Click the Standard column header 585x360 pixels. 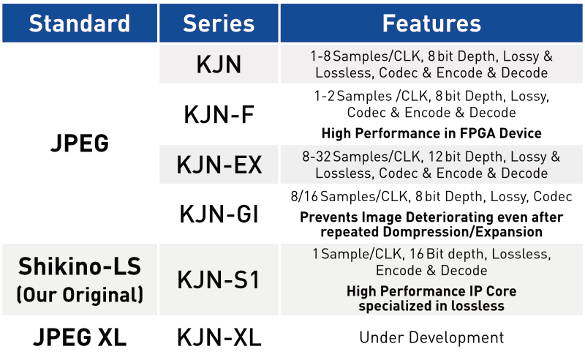coord(80,23)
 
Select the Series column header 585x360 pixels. coord(219,23)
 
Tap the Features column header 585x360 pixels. coord(431,23)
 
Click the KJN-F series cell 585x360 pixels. coord(219,114)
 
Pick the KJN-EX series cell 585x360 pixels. coord(219,165)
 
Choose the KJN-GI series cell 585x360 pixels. coord(219,214)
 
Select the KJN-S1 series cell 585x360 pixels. coord(219,280)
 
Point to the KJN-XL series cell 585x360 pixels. coord(219,337)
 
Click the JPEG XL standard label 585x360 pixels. coord(80,337)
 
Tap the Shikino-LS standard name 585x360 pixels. coord(80,266)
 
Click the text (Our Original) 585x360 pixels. coord(80,295)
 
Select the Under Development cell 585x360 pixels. coord(431,337)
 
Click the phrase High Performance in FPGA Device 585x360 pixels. coord(431,133)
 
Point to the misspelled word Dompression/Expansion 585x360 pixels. coord(463,232)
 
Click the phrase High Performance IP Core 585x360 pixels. coord(431,291)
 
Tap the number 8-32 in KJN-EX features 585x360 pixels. coord(317,157)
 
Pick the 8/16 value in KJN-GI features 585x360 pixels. coord(304,196)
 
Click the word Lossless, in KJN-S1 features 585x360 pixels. coord(521,254)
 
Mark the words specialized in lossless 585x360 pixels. coord(431,306)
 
